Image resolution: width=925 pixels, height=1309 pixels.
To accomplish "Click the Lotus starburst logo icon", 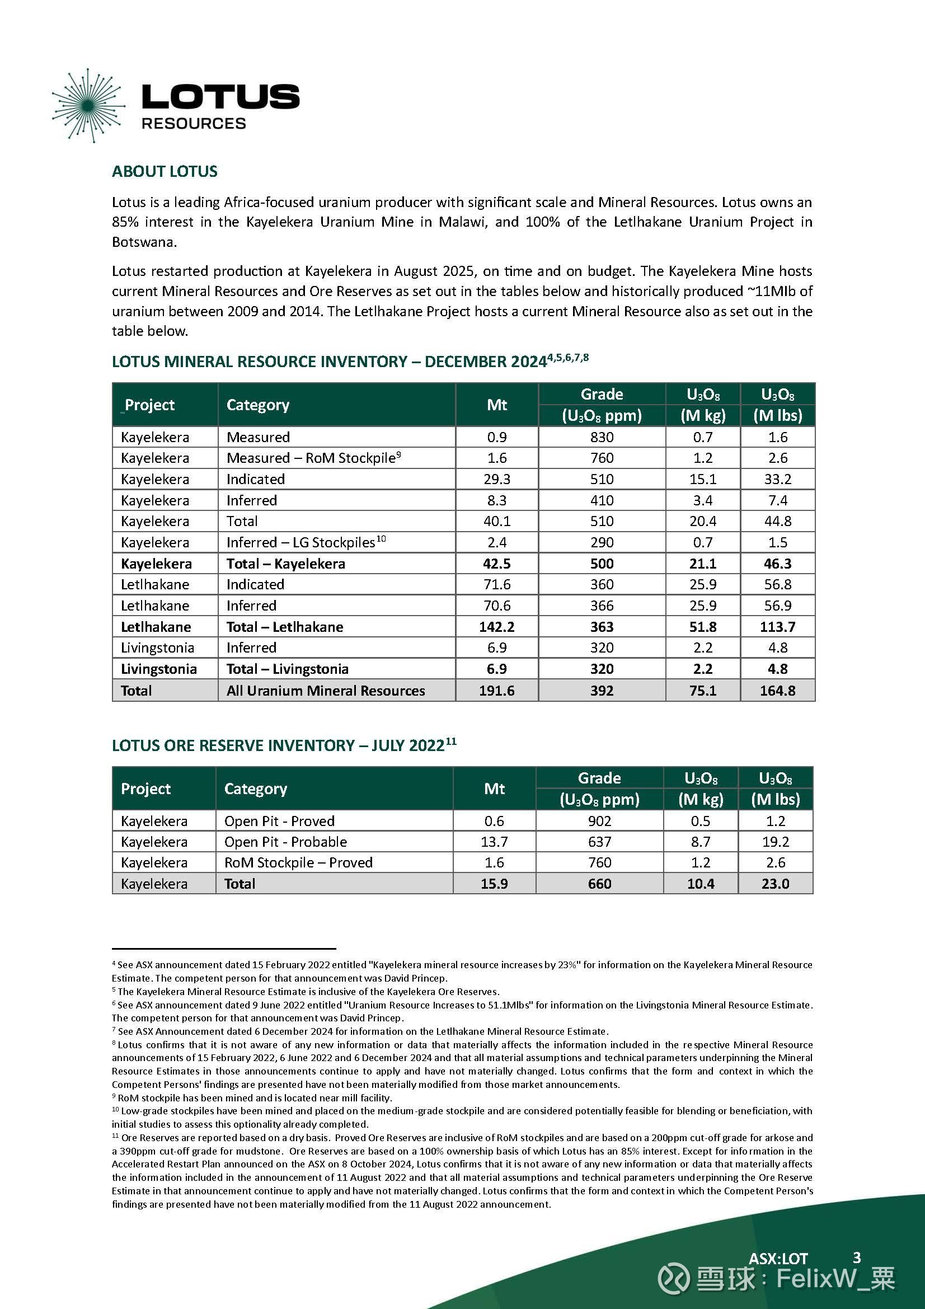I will click(87, 105).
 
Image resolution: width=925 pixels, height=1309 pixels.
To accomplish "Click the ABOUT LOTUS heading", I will click(165, 172).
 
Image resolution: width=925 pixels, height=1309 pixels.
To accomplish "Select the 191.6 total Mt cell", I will click(496, 691).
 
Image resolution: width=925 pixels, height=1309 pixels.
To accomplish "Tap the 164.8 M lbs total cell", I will click(777, 691).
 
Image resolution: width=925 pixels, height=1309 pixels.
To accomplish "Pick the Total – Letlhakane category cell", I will click(285, 627).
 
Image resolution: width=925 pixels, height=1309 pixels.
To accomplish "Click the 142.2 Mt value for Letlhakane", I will click(496, 627).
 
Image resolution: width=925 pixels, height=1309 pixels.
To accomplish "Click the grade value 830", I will click(602, 437).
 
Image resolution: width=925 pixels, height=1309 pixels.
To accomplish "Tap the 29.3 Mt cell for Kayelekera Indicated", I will click(496, 479).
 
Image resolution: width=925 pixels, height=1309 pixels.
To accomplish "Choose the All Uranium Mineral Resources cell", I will click(326, 691).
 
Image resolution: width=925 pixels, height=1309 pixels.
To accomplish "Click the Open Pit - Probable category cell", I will click(285, 842).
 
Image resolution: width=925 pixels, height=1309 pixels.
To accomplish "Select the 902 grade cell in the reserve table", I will click(599, 821).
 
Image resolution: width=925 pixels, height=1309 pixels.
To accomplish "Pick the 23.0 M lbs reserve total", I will click(775, 884).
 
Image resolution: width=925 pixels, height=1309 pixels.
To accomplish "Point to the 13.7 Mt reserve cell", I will click(494, 842).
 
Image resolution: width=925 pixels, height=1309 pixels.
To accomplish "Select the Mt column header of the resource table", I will click(496, 405).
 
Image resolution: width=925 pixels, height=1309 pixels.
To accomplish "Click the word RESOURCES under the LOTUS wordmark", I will click(193, 124).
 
